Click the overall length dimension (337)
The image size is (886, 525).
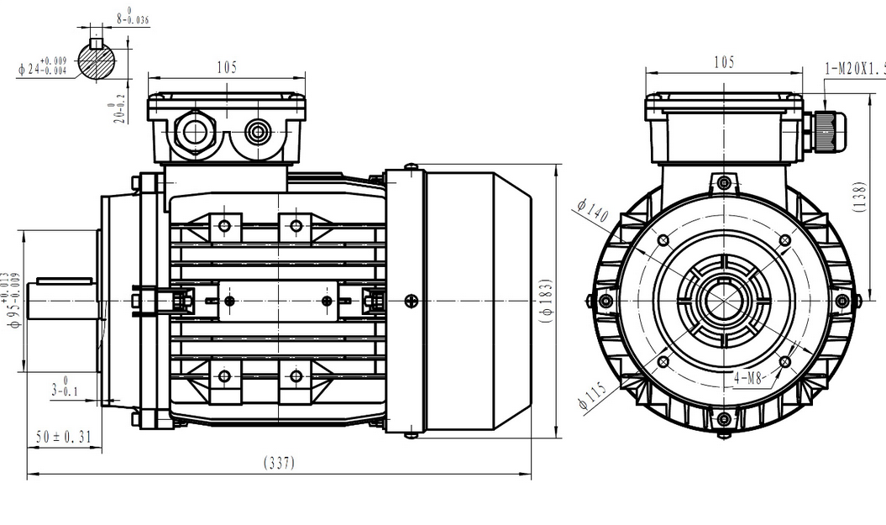(280, 463)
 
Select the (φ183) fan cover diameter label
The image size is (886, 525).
(547, 301)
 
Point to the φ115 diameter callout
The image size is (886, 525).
(593, 394)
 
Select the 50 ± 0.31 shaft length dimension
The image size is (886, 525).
(64, 437)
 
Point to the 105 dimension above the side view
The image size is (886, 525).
(226, 67)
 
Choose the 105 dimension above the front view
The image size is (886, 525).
(724, 63)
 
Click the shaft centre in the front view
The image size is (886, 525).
(724, 301)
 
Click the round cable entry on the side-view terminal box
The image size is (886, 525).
(256, 130)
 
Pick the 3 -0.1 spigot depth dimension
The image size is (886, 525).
(64, 386)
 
